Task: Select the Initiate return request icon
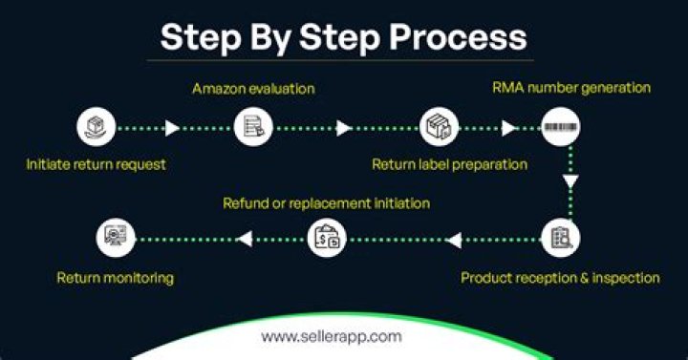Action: pyautogui.click(x=96, y=127)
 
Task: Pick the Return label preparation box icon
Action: pyautogui.click(x=439, y=127)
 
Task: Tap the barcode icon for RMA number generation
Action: pyautogui.click(x=560, y=127)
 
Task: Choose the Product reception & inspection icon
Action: pyautogui.click(x=560, y=237)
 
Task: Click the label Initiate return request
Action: pyautogui.click(x=96, y=164)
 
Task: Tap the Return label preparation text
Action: pyautogui.click(x=449, y=164)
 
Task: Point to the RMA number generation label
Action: pyautogui.click(x=571, y=88)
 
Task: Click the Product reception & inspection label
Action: pyautogui.click(x=560, y=278)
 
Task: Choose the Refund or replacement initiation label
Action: pyautogui.click(x=326, y=203)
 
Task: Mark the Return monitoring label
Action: pyautogui.click(x=115, y=278)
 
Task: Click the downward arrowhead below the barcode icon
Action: pyautogui.click(x=570, y=181)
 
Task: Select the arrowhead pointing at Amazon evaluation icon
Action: pyautogui.click(x=173, y=128)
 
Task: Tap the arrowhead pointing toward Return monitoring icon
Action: pyautogui.click(x=244, y=238)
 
